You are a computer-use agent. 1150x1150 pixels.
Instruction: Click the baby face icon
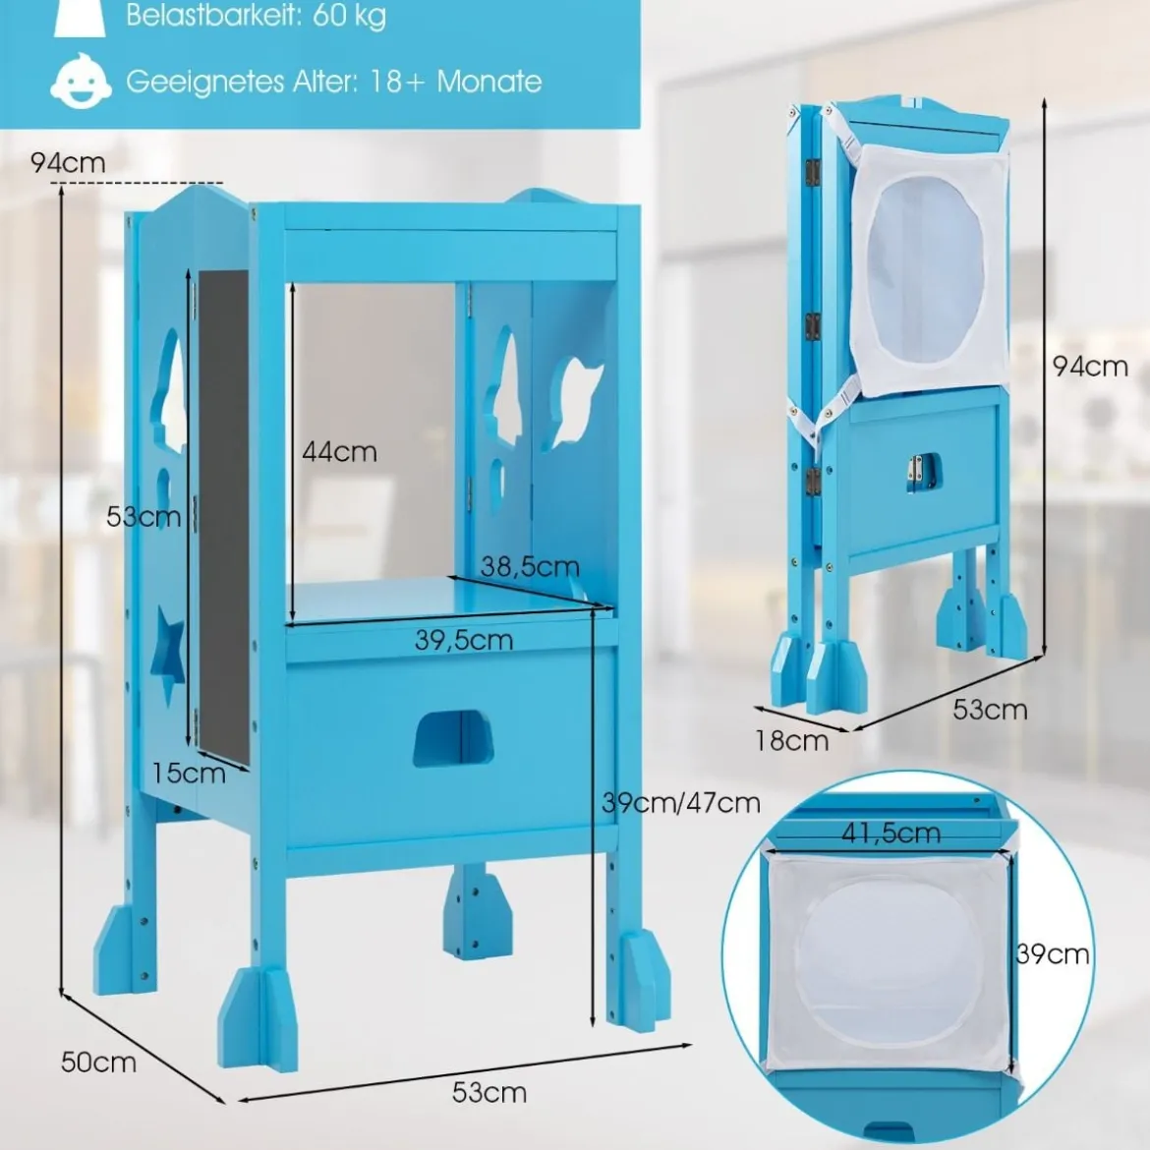click(81, 82)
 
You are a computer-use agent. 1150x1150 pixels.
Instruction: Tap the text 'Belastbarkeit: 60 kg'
click(256, 15)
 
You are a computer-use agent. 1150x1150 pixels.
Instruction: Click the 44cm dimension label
click(339, 451)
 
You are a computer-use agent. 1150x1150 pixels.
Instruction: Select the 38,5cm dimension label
click(530, 565)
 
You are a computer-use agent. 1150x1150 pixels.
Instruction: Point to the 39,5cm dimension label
click(464, 640)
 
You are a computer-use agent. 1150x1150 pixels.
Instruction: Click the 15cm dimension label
click(189, 773)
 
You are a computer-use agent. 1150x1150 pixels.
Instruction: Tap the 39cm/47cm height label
click(680, 802)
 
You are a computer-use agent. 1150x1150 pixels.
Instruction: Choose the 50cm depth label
click(98, 1062)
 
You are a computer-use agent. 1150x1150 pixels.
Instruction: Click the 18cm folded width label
click(792, 740)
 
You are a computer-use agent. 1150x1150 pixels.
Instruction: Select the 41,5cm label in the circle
click(891, 833)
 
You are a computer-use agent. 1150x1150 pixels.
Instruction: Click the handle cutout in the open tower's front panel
click(452, 738)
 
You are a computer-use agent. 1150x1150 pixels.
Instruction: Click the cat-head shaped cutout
click(576, 403)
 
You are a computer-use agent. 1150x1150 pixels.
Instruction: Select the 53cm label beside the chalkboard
click(144, 516)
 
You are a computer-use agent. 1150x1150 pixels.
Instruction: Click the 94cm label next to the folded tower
click(1090, 366)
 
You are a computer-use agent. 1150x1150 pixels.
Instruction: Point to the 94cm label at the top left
click(68, 162)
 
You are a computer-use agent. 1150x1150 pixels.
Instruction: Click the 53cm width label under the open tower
click(489, 1092)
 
